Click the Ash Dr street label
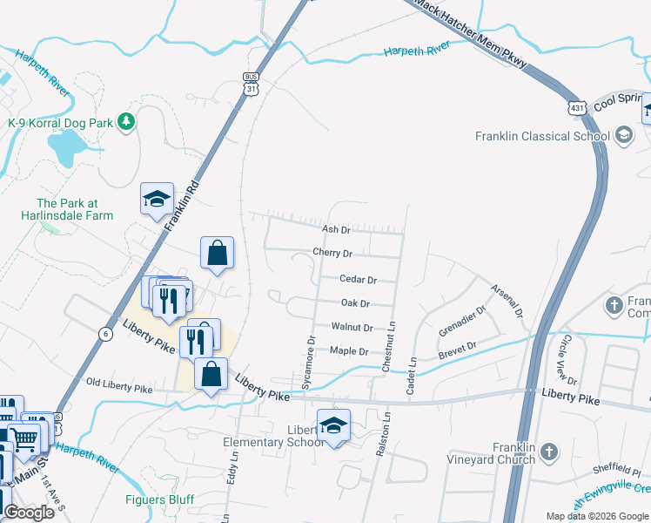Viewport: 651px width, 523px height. point(336,229)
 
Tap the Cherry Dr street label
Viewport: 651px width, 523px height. point(332,254)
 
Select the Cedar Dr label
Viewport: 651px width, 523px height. point(358,280)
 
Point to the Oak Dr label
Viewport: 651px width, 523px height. point(355,303)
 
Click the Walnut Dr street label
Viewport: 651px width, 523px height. point(352,328)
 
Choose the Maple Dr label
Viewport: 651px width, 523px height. point(349,351)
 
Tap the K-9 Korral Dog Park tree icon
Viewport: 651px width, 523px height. point(127,121)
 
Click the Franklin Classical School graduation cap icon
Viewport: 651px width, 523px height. point(623,135)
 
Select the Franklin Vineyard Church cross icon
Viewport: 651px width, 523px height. point(547,452)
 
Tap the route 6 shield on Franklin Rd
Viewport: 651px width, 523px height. point(105,333)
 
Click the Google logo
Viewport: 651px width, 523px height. point(29,513)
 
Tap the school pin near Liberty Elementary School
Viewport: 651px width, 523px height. point(333,425)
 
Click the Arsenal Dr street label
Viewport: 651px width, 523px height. point(505,298)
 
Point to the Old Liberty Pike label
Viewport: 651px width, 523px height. point(118,382)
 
